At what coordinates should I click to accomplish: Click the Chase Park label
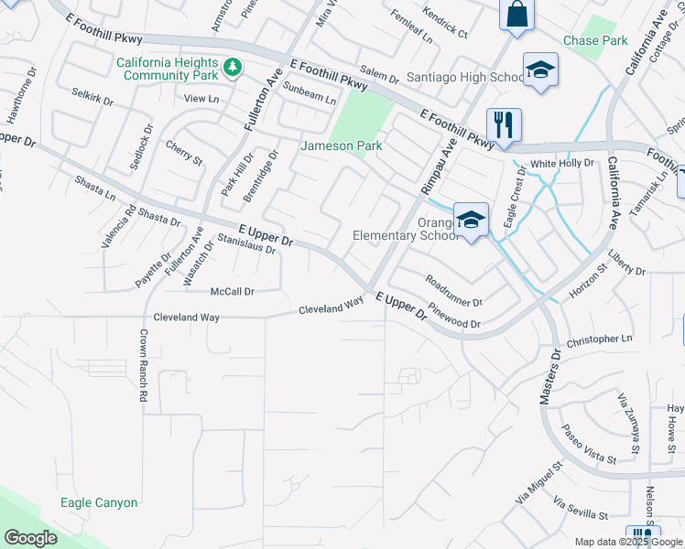coord(595,41)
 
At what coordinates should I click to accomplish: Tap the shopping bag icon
coord(516,16)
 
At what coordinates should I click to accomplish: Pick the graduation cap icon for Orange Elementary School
coord(471,220)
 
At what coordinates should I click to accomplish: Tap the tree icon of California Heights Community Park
coord(233,66)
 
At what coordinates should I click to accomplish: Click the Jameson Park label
coord(342,145)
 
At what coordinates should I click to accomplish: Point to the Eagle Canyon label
coord(99,502)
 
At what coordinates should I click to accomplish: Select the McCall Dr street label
coord(232,291)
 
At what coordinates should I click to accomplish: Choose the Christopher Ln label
coord(600,339)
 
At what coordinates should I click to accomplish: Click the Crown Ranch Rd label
coord(143,366)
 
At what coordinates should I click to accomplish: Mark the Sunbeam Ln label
coord(309,92)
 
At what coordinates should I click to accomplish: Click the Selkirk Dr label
coord(92,97)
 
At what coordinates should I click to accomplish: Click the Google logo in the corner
coord(30,538)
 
